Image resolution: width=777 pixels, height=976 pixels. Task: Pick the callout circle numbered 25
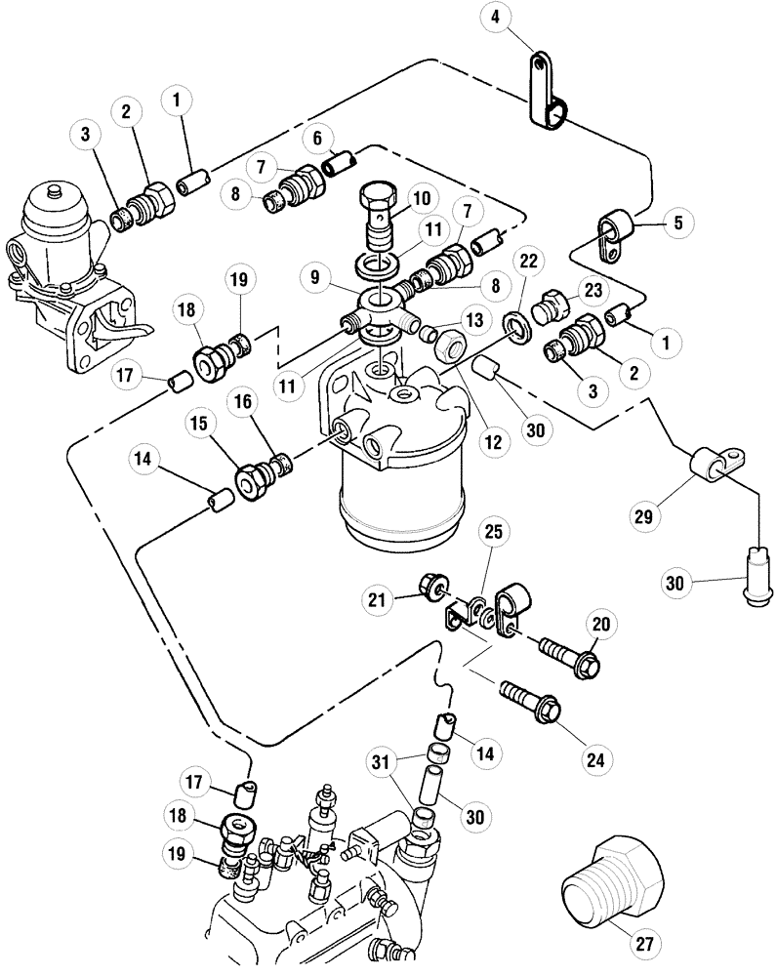tap(492, 533)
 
